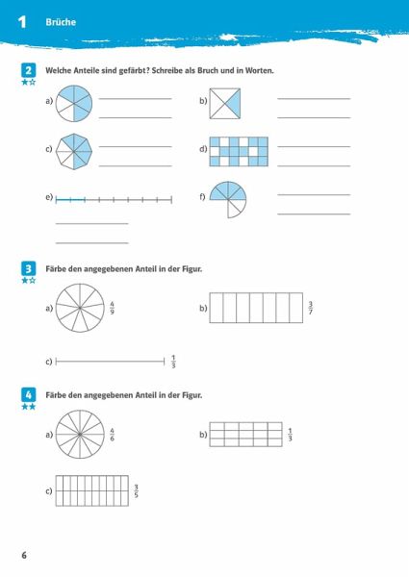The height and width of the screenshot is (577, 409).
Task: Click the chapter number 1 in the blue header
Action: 22,22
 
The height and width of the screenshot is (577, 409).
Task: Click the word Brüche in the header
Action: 61,22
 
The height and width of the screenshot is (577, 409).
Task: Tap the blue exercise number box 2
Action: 28,70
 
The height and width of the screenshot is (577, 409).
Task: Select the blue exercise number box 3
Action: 28,268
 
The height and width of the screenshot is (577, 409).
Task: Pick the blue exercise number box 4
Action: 28,395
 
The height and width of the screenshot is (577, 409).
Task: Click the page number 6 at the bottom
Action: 24,555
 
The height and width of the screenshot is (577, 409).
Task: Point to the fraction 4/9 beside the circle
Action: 112,308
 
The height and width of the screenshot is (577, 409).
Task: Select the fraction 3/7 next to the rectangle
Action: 310,308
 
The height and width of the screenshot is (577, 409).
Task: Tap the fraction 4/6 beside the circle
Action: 112,435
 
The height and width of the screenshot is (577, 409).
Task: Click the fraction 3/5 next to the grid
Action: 137,490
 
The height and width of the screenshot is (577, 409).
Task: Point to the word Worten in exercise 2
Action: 260,70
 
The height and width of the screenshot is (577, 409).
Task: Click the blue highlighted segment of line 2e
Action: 70,200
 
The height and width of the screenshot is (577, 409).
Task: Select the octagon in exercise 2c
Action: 74,151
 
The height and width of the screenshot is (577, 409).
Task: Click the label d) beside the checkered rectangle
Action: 203,149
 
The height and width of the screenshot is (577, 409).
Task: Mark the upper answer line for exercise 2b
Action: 314,99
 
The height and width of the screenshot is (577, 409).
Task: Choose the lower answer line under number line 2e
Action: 92,243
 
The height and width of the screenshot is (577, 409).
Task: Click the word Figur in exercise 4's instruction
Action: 192,395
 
